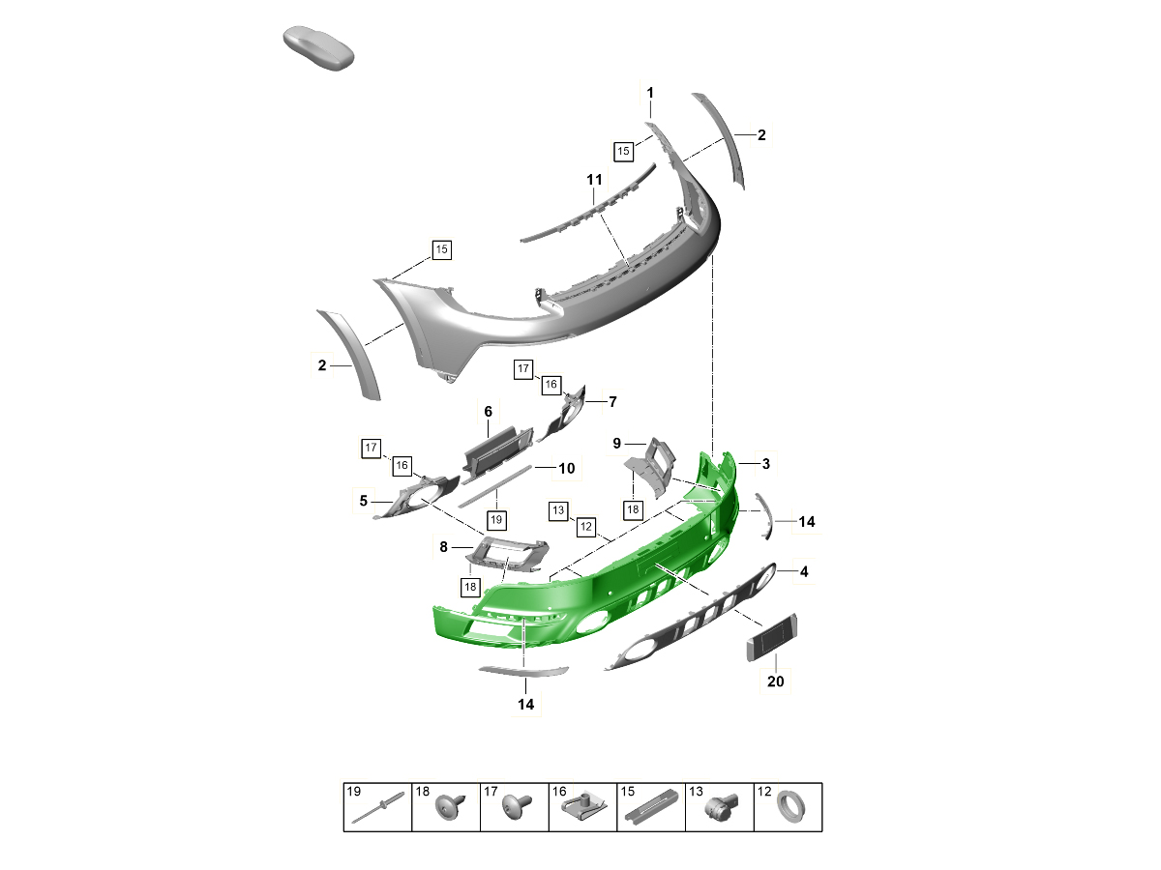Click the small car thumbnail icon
[x=318, y=47]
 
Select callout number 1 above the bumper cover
[x=650, y=93]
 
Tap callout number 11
[x=594, y=180]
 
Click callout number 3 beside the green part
[x=766, y=464]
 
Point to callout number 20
[x=775, y=681]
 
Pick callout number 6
[x=488, y=412]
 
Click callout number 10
[x=567, y=469]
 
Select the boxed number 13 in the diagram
[x=558, y=510]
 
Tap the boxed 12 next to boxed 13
[x=586, y=527]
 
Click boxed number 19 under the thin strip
[x=496, y=520]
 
